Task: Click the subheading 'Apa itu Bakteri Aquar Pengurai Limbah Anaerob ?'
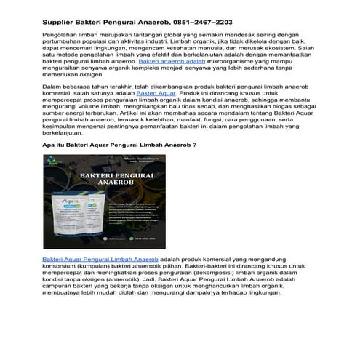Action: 119,166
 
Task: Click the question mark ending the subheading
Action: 193,166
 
